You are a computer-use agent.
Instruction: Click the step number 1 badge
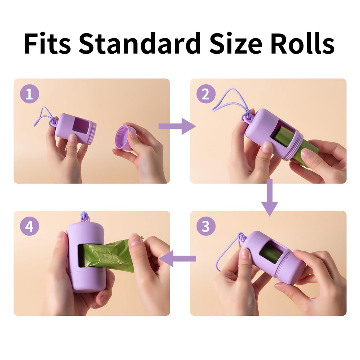click(29, 94)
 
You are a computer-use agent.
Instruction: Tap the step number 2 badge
click(206, 94)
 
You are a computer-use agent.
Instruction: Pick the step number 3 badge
click(206, 227)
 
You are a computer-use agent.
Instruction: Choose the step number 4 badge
click(29, 227)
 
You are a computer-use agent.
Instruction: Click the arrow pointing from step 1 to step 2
click(176, 126)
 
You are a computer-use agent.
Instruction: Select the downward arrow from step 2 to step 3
click(269, 197)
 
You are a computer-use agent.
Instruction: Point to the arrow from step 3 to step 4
click(177, 258)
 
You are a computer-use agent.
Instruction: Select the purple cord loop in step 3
click(225, 252)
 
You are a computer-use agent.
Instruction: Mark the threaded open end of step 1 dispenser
click(93, 132)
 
